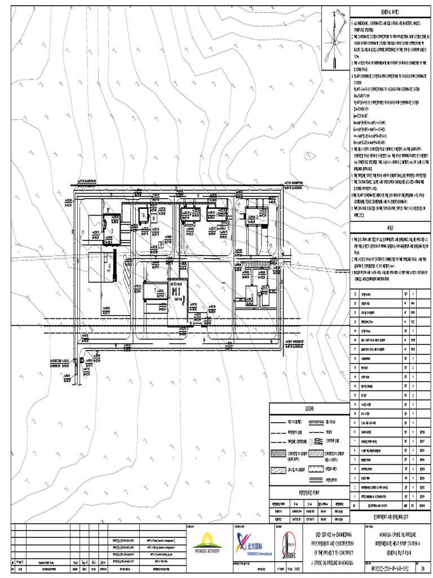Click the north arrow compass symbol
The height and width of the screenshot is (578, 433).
(335, 39)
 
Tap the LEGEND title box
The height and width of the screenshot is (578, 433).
(309, 408)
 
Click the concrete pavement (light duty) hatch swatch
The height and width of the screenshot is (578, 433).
(280, 453)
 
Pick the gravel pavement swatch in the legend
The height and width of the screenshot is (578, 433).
(280, 469)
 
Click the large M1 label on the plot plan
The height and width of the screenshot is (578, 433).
(176, 291)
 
